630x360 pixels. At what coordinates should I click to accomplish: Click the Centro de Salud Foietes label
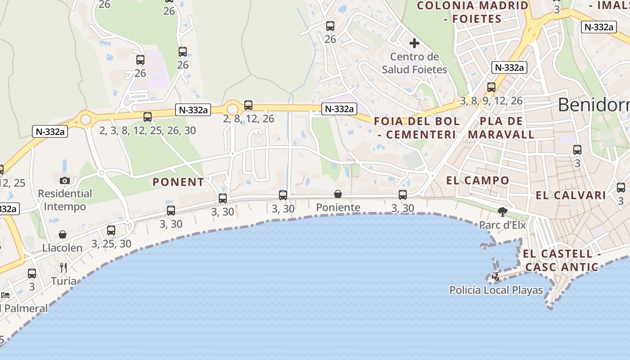[414, 63]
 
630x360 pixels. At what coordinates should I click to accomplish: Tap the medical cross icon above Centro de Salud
[414, 43]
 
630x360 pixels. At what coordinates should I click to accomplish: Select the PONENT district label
[178, 182]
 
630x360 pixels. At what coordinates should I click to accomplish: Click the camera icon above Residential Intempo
[64, 180]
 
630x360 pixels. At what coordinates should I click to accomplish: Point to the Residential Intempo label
[65, 200]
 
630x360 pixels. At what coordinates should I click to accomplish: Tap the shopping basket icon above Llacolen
[63, 234]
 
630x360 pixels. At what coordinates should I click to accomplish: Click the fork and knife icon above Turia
[63, 268]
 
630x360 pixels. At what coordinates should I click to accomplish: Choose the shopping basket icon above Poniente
[338, 194]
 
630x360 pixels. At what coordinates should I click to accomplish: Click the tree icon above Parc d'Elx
[502, 211]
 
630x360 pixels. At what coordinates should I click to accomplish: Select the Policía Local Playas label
[496, 290]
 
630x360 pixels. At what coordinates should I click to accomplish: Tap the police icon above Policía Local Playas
[496, 277]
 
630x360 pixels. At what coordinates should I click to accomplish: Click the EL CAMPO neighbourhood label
[477, 180]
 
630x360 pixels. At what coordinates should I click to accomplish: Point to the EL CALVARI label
[571, 195]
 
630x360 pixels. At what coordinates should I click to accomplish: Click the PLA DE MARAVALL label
[501, 128]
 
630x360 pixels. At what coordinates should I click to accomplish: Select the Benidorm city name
[594, 105]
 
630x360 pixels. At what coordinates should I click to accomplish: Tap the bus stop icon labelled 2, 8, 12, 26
[248, 105]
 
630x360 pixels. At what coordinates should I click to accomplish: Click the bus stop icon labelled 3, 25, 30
[111, 230]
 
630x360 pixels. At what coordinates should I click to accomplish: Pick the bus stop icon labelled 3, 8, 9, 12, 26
[491, 87]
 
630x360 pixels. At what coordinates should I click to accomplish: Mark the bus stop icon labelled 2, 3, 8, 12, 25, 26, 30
[148, 117]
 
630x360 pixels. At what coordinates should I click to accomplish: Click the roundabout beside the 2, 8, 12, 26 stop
[232, 109]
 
